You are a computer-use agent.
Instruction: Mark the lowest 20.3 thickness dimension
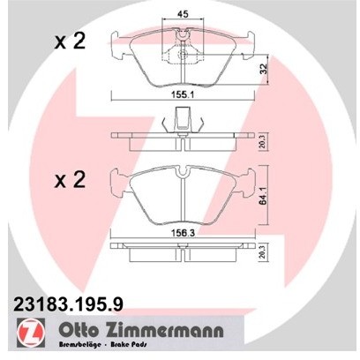pos(261,256)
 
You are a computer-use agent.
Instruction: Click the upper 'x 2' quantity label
pos(70,41)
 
